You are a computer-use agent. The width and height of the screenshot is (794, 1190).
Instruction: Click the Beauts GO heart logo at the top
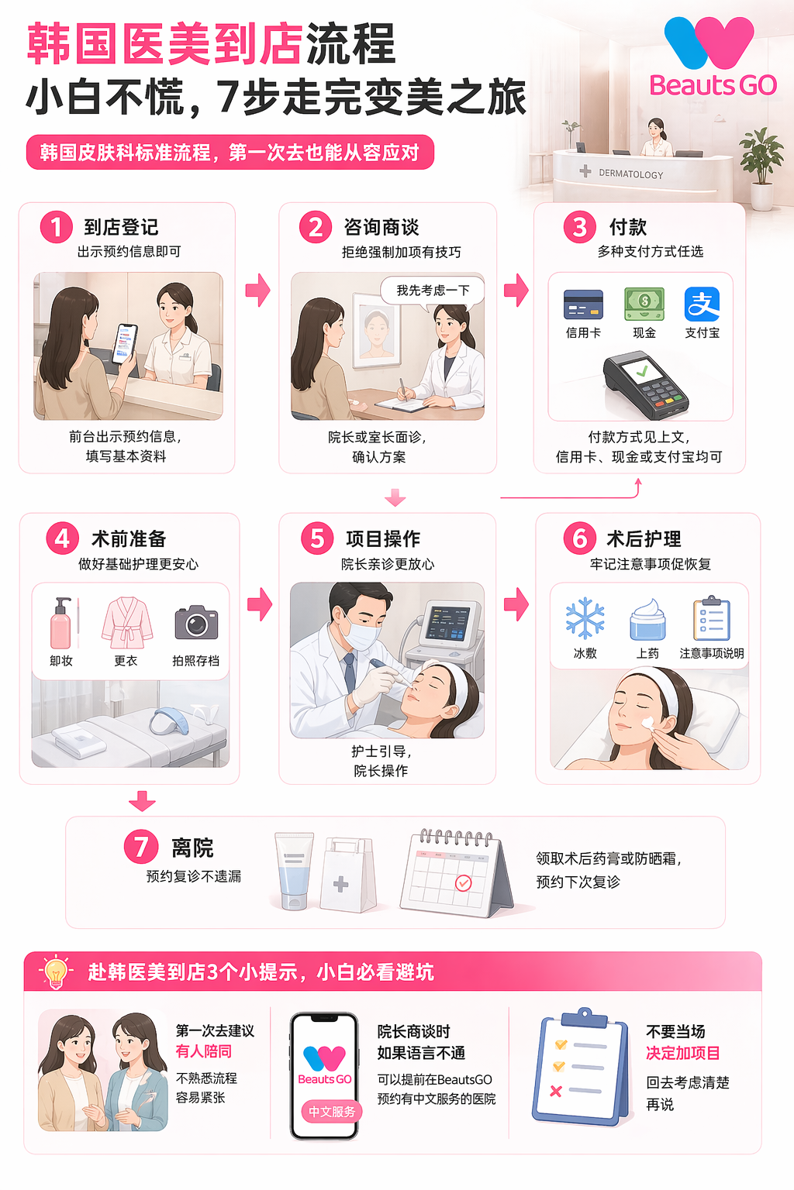point(709,43)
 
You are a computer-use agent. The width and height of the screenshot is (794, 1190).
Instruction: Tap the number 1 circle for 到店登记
point(56,227)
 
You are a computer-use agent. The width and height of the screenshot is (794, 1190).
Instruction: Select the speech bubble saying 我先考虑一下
point(433,291)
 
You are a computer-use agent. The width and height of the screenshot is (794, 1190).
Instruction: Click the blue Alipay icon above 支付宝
point(702,304)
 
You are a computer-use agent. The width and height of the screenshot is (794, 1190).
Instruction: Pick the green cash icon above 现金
point(644,304)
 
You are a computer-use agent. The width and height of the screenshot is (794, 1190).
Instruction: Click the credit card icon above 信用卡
point(583,304)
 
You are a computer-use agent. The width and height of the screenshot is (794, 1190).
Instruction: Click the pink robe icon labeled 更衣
point(126,622)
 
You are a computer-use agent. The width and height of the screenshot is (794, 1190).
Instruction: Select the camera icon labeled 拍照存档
point(196,622)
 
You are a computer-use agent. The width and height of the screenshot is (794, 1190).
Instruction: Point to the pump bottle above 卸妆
point(60,623)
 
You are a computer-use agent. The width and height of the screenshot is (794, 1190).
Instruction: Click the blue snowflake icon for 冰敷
point(585,617)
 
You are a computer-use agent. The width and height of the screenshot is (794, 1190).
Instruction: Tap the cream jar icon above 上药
point(647,620)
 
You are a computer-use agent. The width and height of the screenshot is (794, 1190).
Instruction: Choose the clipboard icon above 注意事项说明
point(712,618)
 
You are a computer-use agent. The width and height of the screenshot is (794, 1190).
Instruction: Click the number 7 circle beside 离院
point(141,846)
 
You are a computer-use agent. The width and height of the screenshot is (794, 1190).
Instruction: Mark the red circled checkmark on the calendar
point(463,883)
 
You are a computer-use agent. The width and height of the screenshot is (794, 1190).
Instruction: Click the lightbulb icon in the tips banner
point(55,972)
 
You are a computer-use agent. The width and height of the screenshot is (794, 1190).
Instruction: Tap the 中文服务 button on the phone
point(332,1112)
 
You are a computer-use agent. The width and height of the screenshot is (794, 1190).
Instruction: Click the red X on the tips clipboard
point(556,1091)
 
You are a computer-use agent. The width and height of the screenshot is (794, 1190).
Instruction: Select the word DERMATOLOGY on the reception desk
point(630,174)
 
